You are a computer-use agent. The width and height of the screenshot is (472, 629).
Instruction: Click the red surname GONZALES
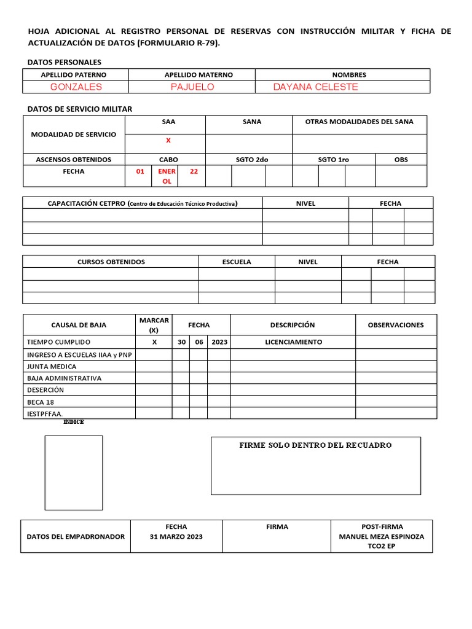pos(76,87)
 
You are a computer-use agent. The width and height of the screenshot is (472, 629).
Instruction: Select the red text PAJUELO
pos(192,87)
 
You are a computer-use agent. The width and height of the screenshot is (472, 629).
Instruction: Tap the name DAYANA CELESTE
pos(315,87)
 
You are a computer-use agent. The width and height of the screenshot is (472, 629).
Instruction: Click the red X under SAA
pos(168,141)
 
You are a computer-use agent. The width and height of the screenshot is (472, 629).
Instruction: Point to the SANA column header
pos(252,122)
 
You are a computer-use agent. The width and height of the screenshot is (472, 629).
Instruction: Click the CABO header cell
pos(168,159)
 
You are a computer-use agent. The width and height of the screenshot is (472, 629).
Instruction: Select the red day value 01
pos(140,171)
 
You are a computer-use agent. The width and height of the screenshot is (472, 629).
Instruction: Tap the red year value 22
pos(194,171)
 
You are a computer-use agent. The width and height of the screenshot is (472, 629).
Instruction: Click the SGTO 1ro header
pos(333,159)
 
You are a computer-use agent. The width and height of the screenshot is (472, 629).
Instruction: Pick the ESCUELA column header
pos(237,262)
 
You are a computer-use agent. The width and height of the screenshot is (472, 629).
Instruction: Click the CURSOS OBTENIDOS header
pos(111,262)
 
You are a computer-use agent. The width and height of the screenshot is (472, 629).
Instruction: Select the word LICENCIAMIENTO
pos(293,342)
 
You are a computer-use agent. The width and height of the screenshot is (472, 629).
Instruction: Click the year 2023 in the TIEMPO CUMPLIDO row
pos(219,342)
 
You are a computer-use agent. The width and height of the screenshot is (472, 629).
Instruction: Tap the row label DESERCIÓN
pos(45,390)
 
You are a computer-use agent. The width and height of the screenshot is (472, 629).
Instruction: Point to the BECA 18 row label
pos(41,402)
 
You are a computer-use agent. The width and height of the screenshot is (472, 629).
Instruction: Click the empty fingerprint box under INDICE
pos(74,472)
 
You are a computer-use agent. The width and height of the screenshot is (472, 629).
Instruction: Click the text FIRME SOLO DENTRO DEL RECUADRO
pos(315,445)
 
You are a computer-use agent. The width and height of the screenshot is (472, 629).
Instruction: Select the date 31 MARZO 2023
pos(176,536)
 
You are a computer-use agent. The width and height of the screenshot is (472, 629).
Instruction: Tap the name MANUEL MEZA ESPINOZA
pos(381,536)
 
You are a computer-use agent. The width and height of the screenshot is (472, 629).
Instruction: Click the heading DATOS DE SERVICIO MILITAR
pos(80,109)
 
